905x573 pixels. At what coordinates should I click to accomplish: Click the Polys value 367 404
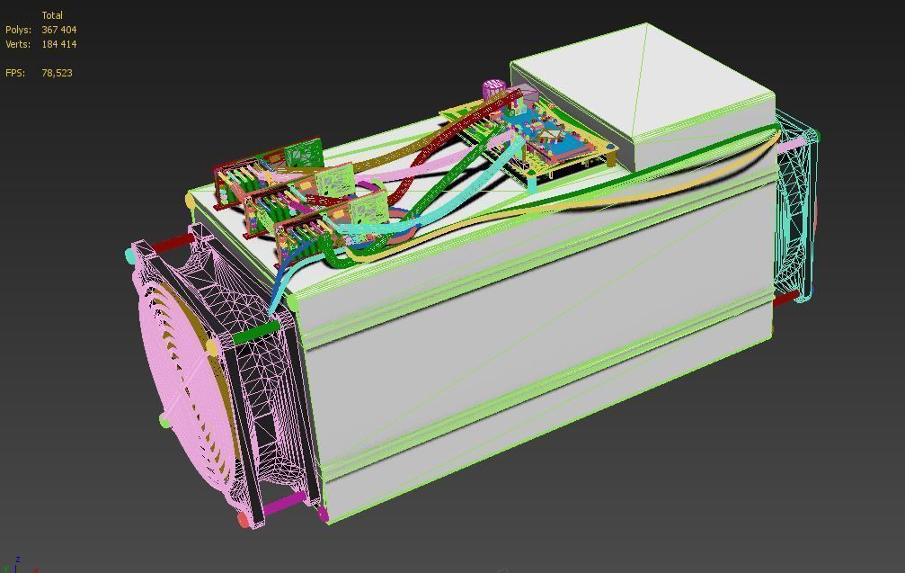point(58,30)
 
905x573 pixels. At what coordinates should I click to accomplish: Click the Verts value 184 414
point(58,44)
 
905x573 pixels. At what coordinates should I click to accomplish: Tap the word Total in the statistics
point(52,15)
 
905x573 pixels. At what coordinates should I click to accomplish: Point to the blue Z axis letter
point(18,560)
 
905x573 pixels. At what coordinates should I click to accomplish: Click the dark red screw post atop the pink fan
point(171,243)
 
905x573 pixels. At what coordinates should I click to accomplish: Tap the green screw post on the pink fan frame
point(255,334)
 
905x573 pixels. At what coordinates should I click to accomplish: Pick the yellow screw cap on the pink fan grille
point(212,345)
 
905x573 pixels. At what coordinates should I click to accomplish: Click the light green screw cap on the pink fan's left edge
point(164,419)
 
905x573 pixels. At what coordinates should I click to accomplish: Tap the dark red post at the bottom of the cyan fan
point(785,298)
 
